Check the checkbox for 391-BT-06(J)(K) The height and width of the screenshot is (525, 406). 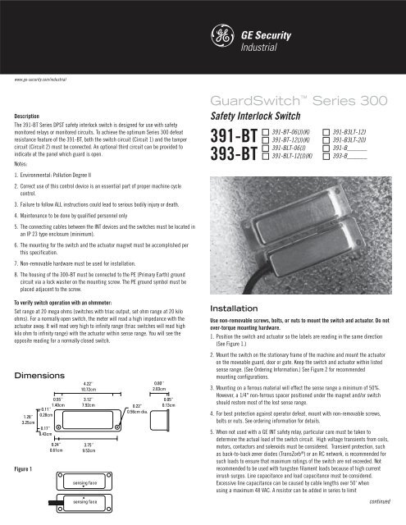265,131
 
